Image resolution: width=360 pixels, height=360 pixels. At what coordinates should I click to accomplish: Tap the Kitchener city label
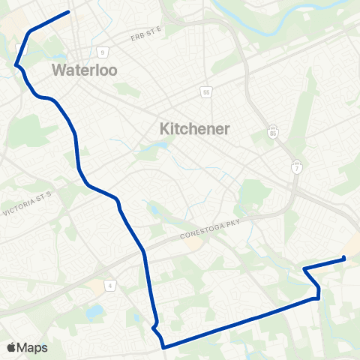coord(195,129)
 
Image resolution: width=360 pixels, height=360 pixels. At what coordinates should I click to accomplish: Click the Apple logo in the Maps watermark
coord(10,347)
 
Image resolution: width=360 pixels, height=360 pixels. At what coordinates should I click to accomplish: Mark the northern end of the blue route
coord(69,11)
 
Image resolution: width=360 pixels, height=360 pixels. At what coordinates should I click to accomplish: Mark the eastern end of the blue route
coord(343,259)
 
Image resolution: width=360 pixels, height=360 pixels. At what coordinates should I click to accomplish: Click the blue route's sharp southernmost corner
coord(163,346)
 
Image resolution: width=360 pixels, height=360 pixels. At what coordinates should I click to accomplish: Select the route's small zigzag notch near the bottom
coord(154,326)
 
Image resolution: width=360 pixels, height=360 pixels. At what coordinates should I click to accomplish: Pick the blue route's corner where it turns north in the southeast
coord(319,298)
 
